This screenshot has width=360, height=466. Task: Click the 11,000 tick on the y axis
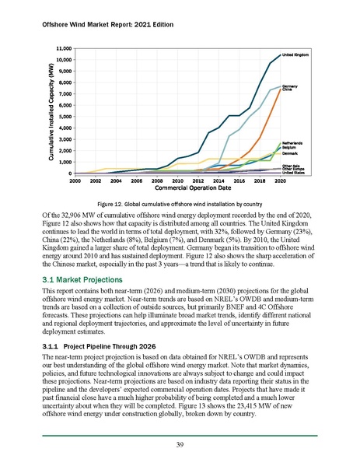click(40, 48)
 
